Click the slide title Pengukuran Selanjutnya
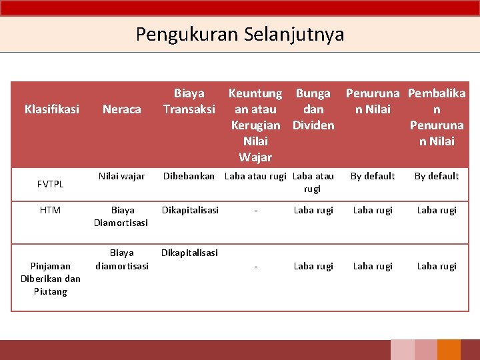(240, 33)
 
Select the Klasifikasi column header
(51, 109)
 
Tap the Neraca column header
(121, 109)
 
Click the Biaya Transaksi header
(189, 101)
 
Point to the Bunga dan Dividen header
(313, 109)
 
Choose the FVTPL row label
(50, 183)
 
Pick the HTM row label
(50, 210)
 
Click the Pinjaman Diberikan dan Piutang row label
(50, 279)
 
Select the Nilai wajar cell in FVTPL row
(121, 176)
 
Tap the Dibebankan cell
(189, 176)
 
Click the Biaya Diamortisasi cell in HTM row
(121, 216)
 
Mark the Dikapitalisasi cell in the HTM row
(190, 210)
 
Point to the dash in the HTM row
(256, 210)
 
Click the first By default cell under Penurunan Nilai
(373, 176)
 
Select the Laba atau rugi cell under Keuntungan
(256, 176)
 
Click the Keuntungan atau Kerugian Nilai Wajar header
(256, 125)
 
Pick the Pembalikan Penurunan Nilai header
(437, 117)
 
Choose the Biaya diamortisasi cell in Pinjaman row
(121, 259)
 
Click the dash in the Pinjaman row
(256, 266)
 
